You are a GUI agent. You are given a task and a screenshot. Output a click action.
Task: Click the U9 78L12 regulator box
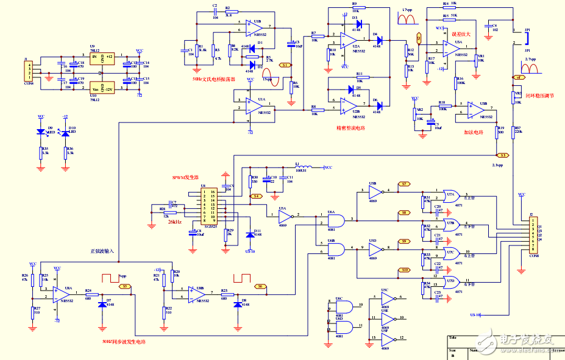[102, 58]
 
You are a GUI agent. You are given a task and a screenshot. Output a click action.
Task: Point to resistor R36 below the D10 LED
[65, 151]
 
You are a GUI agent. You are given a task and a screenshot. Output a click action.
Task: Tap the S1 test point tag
[285, 64]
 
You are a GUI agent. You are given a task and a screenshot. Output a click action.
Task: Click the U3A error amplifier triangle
[452, 45]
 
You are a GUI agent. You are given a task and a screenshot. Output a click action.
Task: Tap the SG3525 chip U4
[210, 207]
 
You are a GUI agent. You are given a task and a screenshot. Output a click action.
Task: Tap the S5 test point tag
[125, 285]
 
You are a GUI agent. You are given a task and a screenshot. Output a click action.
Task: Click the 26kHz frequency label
[175, 222]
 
